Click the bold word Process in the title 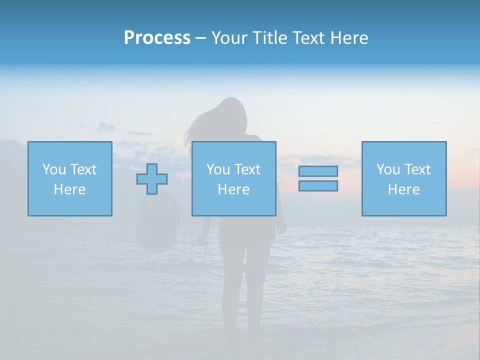click(157, 38)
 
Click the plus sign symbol click(152, 179)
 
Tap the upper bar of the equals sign click(318, 171)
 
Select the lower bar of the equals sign click(318, 185)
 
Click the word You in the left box click(53, 169)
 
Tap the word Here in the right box click(403, 189)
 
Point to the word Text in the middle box click(247, 169)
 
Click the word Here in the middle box click(233, 189)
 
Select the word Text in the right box click(417, 169)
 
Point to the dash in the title click(201, 38)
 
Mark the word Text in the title click(306, 38)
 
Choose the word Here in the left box click(69, 189)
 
